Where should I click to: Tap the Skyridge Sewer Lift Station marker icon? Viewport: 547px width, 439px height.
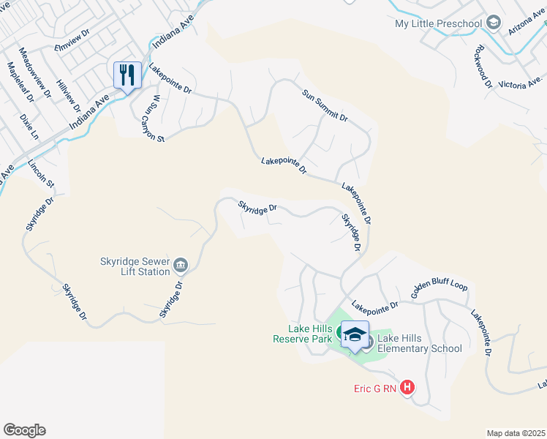(181, 264)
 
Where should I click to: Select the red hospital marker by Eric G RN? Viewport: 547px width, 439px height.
(407, 388)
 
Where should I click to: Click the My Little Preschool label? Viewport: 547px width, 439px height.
(438, 23)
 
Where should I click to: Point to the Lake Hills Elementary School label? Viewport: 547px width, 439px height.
(420, 343)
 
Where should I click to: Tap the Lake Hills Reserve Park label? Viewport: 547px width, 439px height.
(302, 334)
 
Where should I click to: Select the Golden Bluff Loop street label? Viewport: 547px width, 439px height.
(439, 288)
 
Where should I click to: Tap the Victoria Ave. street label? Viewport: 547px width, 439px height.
(521, 83)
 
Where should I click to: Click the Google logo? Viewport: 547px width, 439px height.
(24, 430)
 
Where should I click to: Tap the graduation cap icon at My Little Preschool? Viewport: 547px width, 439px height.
(494, 24)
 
